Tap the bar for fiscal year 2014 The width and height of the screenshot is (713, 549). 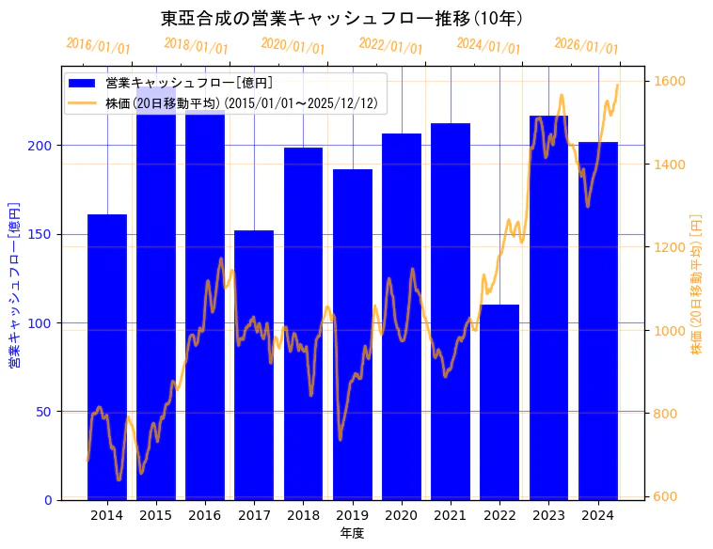click(x=107, y=357)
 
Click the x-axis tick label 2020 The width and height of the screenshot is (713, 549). click(x=402, y=515)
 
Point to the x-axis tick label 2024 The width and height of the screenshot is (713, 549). click(x=598, y=515)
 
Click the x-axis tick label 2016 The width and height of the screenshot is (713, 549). click(x=205, y=515)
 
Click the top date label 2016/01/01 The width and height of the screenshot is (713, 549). click(x=98, y=46)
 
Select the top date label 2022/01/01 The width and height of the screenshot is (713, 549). click(x=390, y=46)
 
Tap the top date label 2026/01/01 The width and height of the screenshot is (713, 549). click(x=586, y=46)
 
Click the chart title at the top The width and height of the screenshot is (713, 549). click(x=341, y=19)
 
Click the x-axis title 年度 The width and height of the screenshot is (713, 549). click(x=352, y=533)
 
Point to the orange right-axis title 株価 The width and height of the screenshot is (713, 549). click(x=697, y=282)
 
